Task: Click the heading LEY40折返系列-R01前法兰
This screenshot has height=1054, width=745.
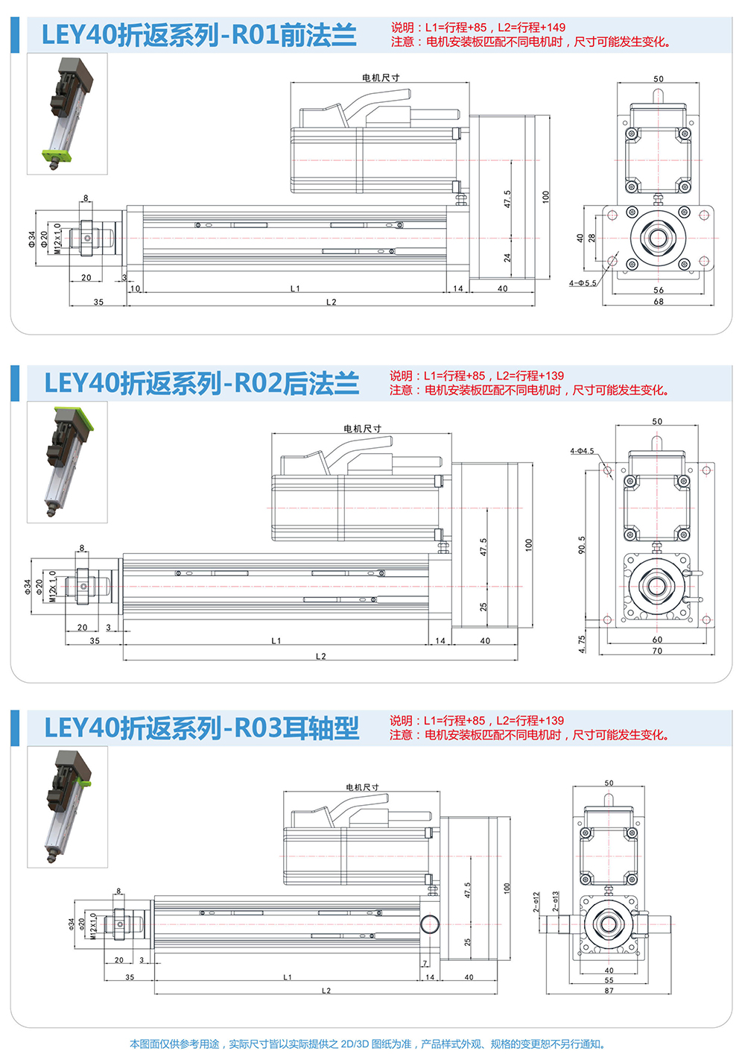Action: [x=199, y=35]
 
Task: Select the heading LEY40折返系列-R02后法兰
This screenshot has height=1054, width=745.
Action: [x=201, y=383]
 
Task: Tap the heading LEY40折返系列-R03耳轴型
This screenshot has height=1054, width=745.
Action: [x=201, y=728]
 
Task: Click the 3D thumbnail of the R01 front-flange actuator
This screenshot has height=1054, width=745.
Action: [x=67, y=113]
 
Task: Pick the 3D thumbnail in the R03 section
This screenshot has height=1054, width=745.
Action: [x=67, y=807]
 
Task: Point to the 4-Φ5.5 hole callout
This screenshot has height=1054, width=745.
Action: [x=583, y=283]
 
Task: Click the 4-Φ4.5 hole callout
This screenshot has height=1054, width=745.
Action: [x=582, y=451]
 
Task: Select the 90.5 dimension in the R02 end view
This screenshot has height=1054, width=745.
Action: [x=581, y=545]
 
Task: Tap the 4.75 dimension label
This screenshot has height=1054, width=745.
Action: [x=581, y=644]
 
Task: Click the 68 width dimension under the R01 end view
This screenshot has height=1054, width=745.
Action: [x=658, y=302]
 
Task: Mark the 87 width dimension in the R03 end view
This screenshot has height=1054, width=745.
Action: [x=609, y=991]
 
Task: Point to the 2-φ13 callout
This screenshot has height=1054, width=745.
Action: [x=556, y=902]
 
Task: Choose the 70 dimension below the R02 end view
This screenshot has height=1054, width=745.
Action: [x=657, y=651]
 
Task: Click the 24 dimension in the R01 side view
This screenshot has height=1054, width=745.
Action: [x=507, y=258]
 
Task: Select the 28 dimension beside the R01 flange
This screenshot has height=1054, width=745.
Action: [x=592, y=239]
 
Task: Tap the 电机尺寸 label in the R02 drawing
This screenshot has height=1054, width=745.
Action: [x=362, y=429]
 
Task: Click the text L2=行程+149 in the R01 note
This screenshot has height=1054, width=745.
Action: [x=532, y=28]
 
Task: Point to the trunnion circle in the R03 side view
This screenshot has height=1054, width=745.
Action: [x=429, y=924]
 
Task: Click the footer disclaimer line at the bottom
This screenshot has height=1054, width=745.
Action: [x=368, y=1044]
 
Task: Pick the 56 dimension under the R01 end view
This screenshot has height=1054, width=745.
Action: [x=658, y=291]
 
